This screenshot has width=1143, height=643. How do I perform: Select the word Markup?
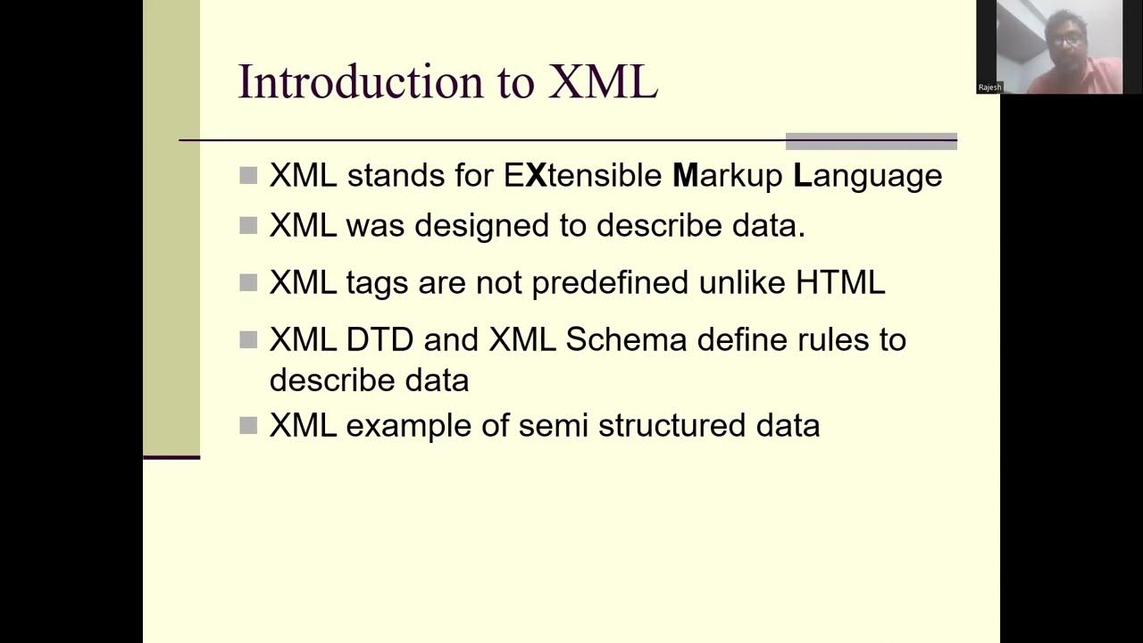(x=727, y=175)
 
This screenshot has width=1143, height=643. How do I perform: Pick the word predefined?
(x=610, y=283)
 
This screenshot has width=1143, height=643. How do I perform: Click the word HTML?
(x=839, y=283)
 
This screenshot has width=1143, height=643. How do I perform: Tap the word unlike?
(x=741, y=283)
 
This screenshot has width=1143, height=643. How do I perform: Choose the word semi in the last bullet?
(x=553, y=425)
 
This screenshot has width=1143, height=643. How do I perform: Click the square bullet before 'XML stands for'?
(x=248, y=175)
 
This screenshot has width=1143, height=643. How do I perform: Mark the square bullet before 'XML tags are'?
(x=248, y=283)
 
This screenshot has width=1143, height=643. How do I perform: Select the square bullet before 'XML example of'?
(x=248, y=426)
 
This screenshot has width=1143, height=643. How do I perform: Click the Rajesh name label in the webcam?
(x=989, y=88)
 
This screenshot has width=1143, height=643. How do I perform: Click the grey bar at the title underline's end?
(x=871, y=141)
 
